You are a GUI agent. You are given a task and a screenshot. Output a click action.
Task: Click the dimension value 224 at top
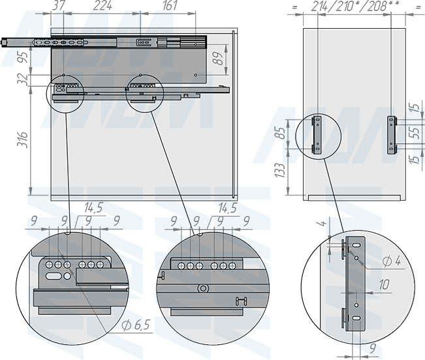(x=102, y=5)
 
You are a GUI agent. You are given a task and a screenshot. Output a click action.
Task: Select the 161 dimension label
(x=170, y=5)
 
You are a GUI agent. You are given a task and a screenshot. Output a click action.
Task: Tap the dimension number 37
(x=58, y=5)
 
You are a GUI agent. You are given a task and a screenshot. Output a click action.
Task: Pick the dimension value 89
(x=218, y=58)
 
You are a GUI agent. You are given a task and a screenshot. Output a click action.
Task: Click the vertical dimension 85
(x=281, y=133)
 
